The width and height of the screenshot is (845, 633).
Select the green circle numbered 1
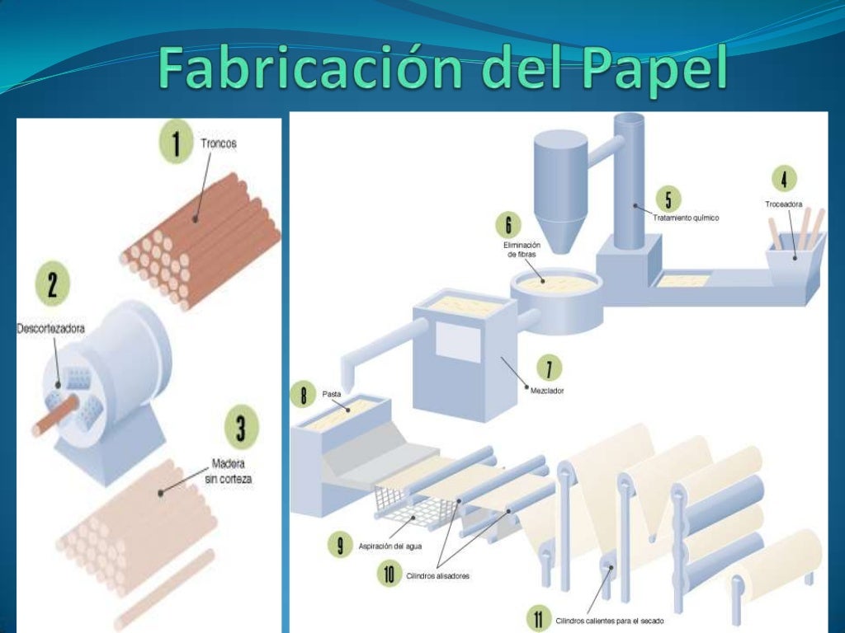[x=175, y=144]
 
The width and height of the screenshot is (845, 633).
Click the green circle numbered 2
[x=52, y=285]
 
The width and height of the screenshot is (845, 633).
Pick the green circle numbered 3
[x=240, y=429]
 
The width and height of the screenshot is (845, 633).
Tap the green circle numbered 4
[x=783, y=179]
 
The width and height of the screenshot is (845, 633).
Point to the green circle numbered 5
[x=668, y=199]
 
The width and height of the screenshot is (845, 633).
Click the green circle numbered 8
[x=303, y=395]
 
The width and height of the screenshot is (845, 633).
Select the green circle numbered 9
[x=340, y=545]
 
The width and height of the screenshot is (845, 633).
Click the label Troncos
[x=218, y=143]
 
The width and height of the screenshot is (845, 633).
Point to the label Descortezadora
[x=51, y=329]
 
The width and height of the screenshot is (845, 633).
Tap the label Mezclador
[x=547, y=391]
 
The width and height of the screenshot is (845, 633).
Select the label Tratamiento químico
[x=686, y=218]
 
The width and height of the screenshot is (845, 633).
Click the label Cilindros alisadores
[x=438, y=575]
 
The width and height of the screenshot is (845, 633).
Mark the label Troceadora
[x=783, y=203]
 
